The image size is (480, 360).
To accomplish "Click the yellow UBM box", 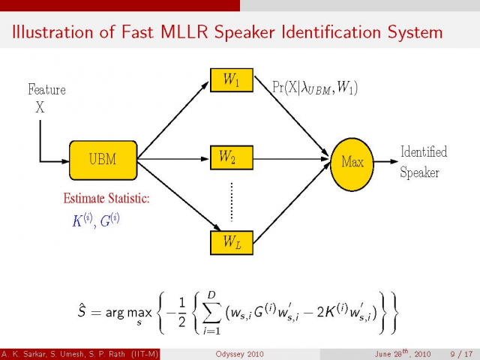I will click(x=103, y=160).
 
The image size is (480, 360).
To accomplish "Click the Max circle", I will click(x=352, y=161).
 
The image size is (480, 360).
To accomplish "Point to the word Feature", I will click(x=46, y=90).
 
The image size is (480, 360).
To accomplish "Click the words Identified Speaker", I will click(x=424, y=162).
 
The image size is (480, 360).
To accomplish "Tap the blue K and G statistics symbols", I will click(x=96, y=220).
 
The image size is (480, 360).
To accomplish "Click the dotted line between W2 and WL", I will click(x=232, y=200).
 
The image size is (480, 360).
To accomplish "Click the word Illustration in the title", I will click(x=56, y=33).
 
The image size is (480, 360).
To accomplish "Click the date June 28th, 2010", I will click(x=404, y=354).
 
